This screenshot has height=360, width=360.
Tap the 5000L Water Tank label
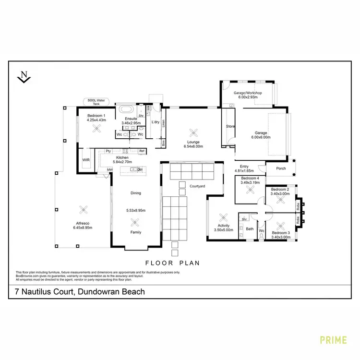(x=96, y=101)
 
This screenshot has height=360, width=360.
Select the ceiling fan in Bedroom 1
(x=97, y=128)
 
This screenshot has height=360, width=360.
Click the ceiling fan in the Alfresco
(x=84, y=209)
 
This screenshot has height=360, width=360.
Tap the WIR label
(x=86, y=159)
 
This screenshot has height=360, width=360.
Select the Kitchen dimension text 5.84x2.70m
(x=121, y=162)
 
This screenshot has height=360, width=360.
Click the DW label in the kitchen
(x=140, y=169)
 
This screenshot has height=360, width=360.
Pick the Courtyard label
(x=197, y=186)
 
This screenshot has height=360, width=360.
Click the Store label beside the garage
(x=230, y=126)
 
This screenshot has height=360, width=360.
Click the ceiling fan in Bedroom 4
(x=250, y=190)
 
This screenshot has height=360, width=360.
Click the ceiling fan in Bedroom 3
(x=281, y=224)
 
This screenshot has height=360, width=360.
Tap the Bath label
(x=249, y=229)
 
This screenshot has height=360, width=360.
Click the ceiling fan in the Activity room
(x=222, y=216)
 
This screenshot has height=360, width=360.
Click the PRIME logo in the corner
(x=334, y=340)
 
